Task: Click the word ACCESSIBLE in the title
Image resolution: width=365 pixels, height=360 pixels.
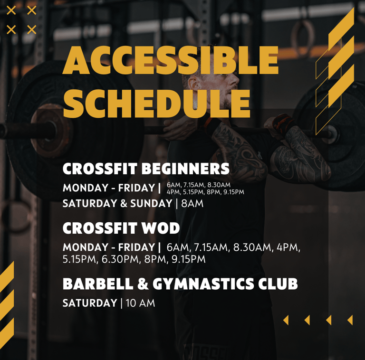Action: point(171,60)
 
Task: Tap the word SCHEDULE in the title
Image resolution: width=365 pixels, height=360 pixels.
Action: point(157,104)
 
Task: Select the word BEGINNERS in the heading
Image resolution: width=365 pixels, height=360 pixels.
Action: point(185,169)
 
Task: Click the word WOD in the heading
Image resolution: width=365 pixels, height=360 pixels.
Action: point(161,228)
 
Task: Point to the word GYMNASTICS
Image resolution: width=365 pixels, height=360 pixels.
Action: point(203,284)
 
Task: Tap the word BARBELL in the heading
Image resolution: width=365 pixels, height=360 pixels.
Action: point(98,284)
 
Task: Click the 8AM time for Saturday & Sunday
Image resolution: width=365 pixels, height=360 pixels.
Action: point(192,203)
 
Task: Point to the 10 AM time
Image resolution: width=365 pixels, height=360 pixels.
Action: point(140,303)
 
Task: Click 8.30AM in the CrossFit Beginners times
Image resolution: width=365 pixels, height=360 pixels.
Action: point(219,185)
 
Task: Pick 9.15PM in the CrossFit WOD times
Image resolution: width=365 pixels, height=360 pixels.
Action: point(189,259)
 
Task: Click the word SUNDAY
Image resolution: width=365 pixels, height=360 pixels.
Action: point(151,203)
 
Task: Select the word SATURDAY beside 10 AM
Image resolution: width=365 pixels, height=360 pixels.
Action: point(90,303)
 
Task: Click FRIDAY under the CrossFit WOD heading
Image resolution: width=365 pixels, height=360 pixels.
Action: point(136,247)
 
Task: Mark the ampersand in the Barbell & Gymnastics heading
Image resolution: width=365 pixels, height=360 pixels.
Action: point(143,284)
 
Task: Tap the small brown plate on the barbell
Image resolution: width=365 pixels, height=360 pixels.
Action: point(52,130)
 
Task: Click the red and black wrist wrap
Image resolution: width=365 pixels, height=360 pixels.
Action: point(283,123)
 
